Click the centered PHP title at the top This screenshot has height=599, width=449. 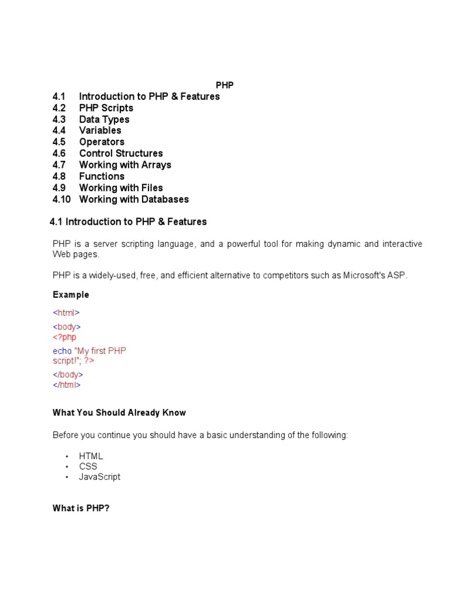click(x=224, y=85)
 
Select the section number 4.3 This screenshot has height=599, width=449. click(x=59, y=119)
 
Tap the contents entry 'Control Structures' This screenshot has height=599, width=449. click(x=121, y=153)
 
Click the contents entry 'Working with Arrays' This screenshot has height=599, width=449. click(x=125, y=165)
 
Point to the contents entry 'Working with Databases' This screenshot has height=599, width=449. click(x=134, y=199)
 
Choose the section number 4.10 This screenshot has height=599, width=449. click(x=61, y=199)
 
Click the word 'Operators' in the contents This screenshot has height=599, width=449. click(x=102, y=142)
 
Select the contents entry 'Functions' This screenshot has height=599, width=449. click(x=102, y=176)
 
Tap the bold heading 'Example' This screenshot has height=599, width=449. click(x=71, y=295)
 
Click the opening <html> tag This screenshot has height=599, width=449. click(x=66, y=313)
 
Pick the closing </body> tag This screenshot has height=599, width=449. click(x=68, y=374)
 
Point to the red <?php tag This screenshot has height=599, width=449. click(x=64, y=338)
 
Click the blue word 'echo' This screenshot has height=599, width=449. click(x=62, y=351)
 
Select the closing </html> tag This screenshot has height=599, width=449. click(x=67, y=385)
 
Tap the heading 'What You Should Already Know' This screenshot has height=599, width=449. click(x=119, y=412)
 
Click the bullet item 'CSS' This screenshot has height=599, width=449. click(x=88, y=466)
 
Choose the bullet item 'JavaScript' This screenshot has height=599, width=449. click(x=100, y=477)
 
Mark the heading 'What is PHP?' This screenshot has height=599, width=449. click(x=81, y=508)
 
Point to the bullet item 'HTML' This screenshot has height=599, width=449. click(x=91, y=456)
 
